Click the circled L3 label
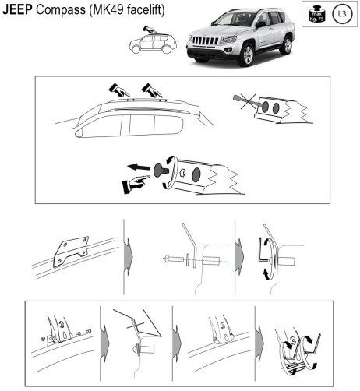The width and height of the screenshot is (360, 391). point(340,14)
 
